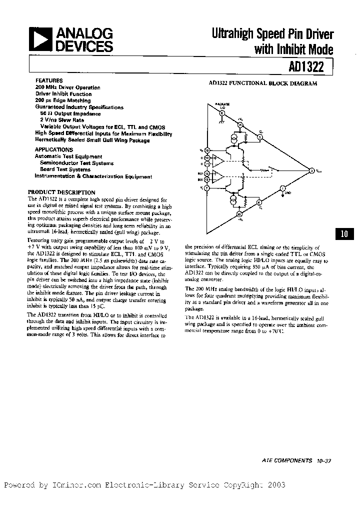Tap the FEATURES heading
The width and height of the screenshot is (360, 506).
tap(49, 80)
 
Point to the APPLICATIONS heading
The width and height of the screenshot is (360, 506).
tap(54, 149)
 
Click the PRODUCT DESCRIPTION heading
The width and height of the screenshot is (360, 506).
tap(61, 192)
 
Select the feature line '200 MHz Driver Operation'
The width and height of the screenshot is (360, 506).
tap(67, 87)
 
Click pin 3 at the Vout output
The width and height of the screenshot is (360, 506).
tap(311, 171)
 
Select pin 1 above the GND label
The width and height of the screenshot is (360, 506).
tap(282, 188)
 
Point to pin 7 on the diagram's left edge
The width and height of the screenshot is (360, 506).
tap(207, 188)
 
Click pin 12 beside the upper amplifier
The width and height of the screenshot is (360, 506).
tap(207, 158)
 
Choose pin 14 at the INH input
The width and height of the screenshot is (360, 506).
tap(207, 173)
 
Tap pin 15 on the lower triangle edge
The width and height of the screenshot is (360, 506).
tap(239, 213)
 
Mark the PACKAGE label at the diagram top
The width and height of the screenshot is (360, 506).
tap(222, 103)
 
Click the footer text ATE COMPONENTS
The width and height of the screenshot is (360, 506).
tap(286, 460)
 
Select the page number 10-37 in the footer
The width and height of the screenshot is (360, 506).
tap(324, 460)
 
